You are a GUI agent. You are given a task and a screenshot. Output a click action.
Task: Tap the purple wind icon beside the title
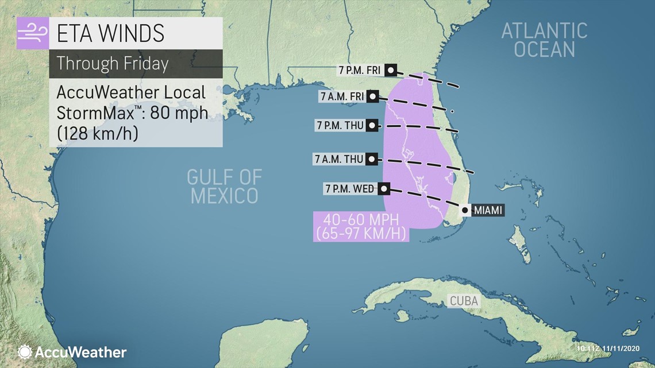(x=33, y=34)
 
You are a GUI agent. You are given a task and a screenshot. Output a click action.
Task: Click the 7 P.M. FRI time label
(x=360, y=70)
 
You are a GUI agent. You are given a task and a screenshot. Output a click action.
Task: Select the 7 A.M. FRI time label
(x=342, y=96)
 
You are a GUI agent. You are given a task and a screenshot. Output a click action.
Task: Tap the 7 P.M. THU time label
(x=340, y=125)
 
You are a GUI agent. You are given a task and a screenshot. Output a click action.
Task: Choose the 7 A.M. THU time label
(x=339, y=159)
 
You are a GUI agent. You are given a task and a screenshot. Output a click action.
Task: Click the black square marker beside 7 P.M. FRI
(x=391, y=70)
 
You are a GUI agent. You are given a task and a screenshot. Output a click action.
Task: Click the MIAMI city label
(x=488, y=211)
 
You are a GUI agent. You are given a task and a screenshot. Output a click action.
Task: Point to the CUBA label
(x=464, y=301)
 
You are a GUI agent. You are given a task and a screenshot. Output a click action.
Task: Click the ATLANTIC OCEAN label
(x=544, y=40)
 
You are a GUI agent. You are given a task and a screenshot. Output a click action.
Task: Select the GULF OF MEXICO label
(x=224, y=187)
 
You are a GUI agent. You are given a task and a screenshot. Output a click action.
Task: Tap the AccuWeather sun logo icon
(x=25, y=352)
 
